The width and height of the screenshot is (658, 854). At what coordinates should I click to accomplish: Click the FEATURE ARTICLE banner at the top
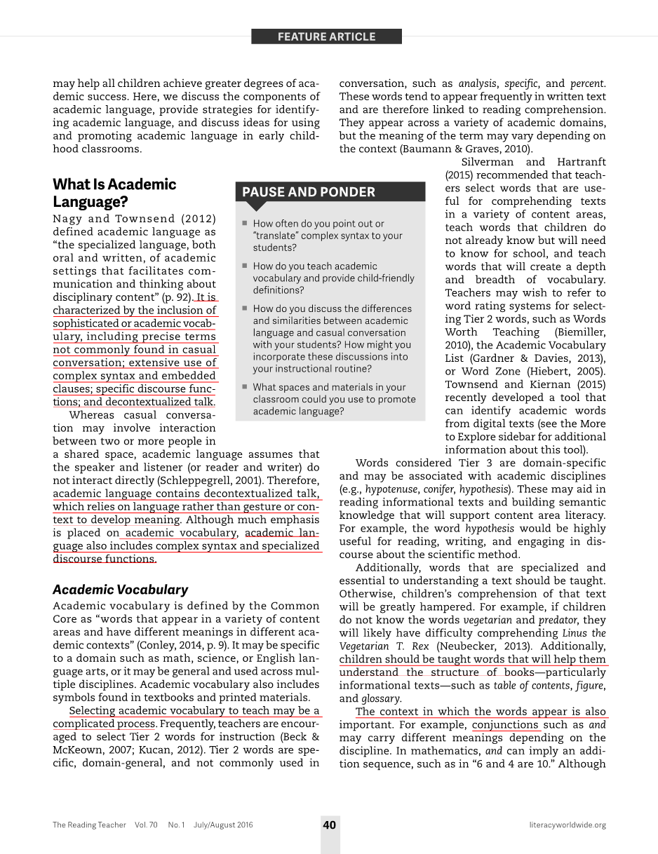pos(326,36)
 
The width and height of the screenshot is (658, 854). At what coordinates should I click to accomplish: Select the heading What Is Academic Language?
pos(114,193)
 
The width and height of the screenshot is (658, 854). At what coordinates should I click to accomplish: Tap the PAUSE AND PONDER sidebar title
pos(309,192)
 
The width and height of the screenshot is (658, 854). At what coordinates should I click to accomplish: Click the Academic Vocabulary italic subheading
pos(121,590)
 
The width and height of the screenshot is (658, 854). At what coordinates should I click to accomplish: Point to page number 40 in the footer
pos(330,825)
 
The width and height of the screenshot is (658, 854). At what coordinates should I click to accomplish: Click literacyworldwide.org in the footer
pos(568,825)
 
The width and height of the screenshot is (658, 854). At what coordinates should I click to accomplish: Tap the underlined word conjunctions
pos(505,725)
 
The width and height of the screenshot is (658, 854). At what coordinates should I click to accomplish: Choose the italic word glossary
pos(380,698)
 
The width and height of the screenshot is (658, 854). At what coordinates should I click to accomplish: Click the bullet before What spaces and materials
pos(244,387)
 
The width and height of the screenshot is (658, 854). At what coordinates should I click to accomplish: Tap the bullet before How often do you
pos(244,224)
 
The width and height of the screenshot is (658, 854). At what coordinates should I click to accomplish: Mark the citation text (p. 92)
pos(174,297)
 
